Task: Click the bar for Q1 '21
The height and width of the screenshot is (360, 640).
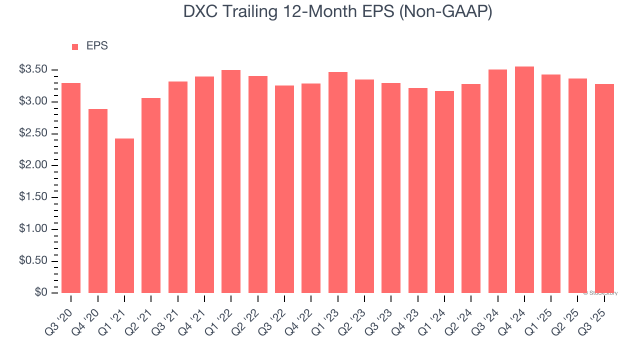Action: [124, 215]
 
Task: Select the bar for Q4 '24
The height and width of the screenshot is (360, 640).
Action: [524, 179]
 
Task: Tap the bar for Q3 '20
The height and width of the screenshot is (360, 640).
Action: [71, 187]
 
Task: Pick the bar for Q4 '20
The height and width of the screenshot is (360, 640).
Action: [98, 200]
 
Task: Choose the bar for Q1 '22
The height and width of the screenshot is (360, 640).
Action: [231, 181]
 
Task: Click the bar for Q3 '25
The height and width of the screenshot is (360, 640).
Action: [604, 188]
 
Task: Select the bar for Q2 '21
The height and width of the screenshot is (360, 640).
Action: [151, 195]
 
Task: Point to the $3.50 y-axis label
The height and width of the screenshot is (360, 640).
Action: [33, 69]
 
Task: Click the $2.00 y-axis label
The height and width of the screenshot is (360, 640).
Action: [33, 165]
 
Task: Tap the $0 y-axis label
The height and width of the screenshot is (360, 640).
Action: [41, 292]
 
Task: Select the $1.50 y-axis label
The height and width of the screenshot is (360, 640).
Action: [33, 197]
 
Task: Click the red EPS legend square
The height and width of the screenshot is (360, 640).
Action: [75, 46]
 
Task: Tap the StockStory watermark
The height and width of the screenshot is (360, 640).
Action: [600, 293]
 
